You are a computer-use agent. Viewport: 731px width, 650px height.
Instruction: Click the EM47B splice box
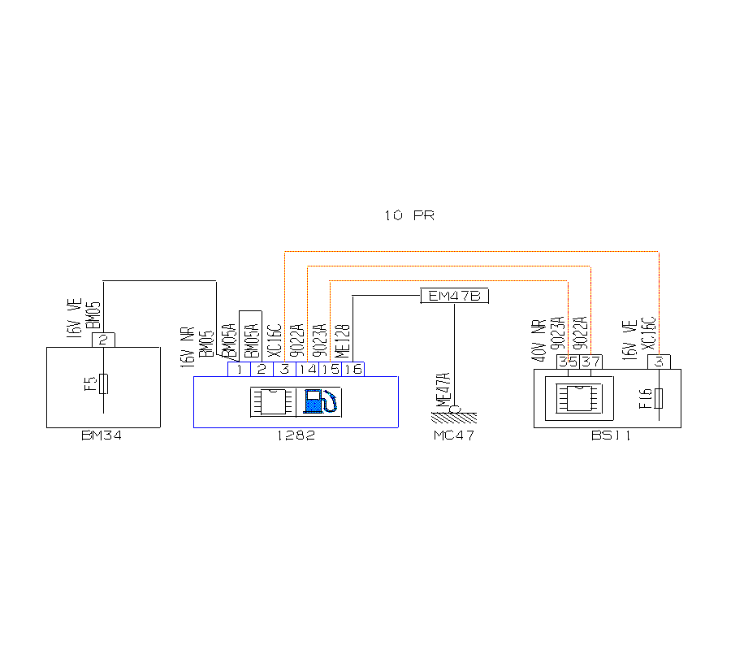pyautogui.click(x=455, y=297)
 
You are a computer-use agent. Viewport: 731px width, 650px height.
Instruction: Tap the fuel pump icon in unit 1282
pyautogui.click(x=322, y=401)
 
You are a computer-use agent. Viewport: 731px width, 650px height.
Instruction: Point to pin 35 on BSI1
pyautogui.click(x=567, y=362)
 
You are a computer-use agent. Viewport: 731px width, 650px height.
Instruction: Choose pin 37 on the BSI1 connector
pyautogui.click(x=590, y=362)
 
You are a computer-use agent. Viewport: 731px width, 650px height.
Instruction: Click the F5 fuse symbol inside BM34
pyautogui.click(x=103, y=384)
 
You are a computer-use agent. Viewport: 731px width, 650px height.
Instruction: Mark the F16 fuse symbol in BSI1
pyautogui.click(x=659, y=398)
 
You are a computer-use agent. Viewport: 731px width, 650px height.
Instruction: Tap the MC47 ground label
pyautogui.click(x=453, y=436)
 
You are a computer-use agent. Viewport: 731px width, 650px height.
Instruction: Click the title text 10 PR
pyautogui.click(x=409, y=216)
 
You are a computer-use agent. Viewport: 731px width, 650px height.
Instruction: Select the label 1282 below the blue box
pyautogui.click(x=296, y=436)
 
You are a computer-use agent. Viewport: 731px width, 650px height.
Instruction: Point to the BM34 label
pyautogui.click(x=102, y=436)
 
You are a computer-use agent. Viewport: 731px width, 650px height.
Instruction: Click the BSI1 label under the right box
pyautogui.click(x=612, y=436)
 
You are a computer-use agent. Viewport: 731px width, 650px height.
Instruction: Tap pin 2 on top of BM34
pyautogui.click(x=103, y=340)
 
